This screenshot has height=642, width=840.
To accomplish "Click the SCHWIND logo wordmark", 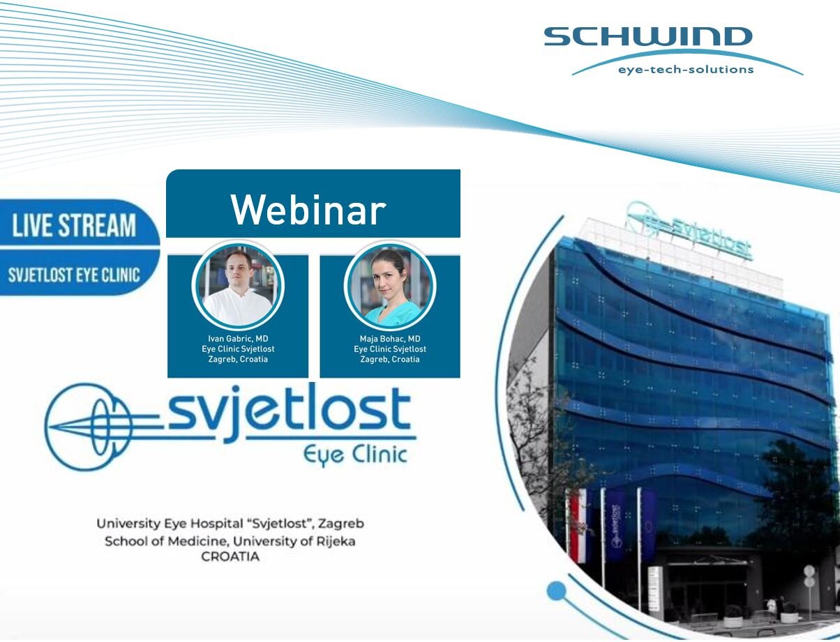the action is (648, 36).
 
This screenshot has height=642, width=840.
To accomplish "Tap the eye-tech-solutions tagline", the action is (686, 69).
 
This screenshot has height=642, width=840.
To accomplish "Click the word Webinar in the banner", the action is (308, 210).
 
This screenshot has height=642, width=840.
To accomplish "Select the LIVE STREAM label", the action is (74, 225).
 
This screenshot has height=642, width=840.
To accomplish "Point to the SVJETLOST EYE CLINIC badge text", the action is (74, 275).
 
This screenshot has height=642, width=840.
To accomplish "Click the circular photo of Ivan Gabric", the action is (238, 286).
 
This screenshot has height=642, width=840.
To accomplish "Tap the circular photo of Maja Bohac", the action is (390, 286).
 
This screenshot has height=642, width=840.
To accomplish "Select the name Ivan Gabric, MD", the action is (238, 338).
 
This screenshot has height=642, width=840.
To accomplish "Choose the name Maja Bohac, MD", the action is (390, 339).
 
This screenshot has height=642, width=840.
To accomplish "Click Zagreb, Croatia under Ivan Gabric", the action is (238, 359).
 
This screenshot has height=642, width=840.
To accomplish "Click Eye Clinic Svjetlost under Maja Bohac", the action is (390, 349).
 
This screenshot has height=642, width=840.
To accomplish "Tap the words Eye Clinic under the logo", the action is (354, 456).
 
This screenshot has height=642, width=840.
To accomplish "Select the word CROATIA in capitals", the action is (230, 557).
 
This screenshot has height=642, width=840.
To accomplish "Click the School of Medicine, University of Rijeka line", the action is (230, 542).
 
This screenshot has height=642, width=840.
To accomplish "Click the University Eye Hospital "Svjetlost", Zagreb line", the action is (230, 523).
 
